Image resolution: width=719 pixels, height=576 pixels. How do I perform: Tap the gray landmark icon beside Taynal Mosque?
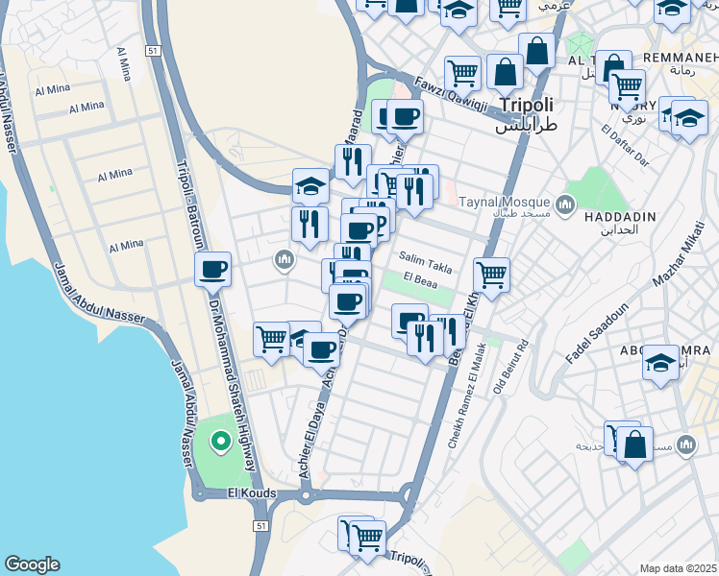[x=564, y=204]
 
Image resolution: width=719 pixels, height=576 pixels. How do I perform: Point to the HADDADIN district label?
[x=620, y=216]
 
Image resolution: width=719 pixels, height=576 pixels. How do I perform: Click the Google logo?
[x=32, y=564]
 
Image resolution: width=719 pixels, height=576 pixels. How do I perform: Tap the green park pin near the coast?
[x=220, y=442]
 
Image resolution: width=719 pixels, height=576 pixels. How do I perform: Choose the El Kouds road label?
[x=253, y=493]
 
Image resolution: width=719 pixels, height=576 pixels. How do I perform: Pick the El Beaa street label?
[x=421, y=277]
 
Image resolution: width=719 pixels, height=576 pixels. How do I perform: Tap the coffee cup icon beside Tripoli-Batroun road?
[x=212, y=269]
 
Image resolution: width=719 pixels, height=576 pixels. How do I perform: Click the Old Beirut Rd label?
[x=510, y=366]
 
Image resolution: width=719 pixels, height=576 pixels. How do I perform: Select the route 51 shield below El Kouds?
[x=260, y=526]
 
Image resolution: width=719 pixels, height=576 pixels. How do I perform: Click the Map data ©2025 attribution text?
[x=678, y=568]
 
